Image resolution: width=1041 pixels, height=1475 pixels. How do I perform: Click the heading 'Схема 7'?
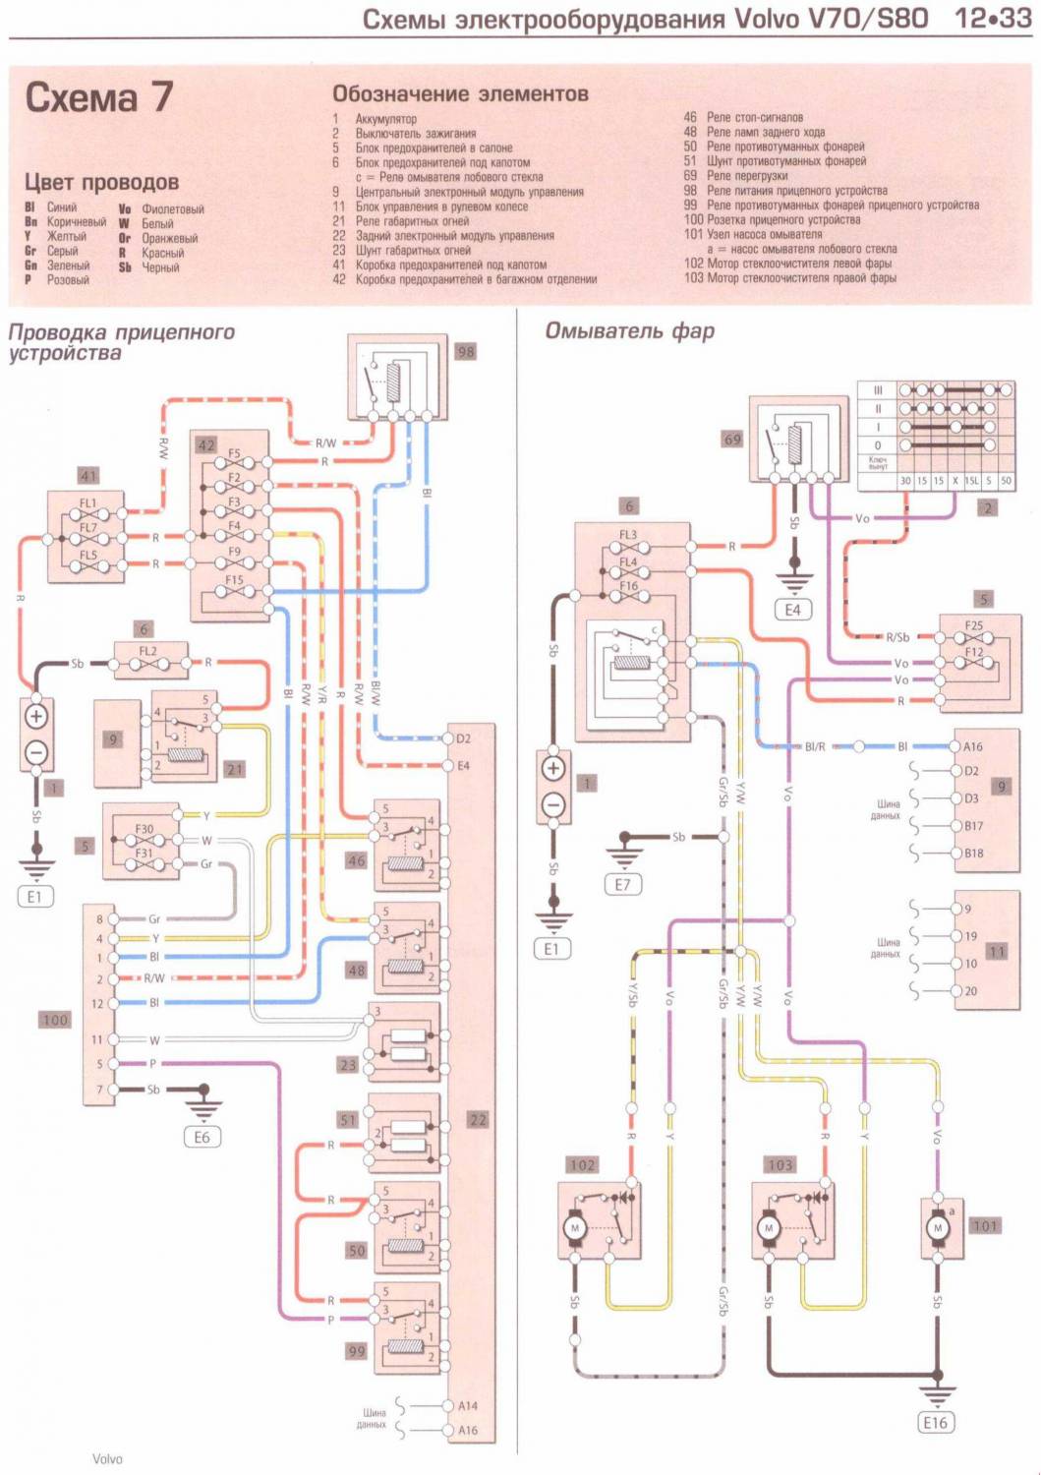pos(98,97)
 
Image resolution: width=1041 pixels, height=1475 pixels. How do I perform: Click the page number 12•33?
pos(993,19)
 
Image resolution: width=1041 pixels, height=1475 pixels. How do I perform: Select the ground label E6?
pos(202,1137)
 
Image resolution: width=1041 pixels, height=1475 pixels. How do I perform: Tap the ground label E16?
pos(935,1422)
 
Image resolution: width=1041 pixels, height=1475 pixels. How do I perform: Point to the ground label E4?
pos(792,610)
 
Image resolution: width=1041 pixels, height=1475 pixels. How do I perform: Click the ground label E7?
pos(622,884)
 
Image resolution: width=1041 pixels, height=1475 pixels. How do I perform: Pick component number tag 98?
pos(465,351)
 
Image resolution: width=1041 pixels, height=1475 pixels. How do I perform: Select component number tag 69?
pos(732,440)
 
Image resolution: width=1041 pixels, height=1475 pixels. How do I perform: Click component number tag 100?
pos(55,1020)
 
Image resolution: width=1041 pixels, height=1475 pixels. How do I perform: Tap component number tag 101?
pos(984,1225)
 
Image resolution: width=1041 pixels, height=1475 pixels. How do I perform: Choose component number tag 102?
pos(582,1165)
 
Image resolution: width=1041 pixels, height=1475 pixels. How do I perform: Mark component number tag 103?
pos(780,1165)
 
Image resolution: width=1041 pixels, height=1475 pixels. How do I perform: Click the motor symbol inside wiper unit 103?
pos(769,1228)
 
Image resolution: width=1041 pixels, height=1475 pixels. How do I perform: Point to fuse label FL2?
pos(147,651)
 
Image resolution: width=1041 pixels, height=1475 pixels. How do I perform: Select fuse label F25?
pos(973,625)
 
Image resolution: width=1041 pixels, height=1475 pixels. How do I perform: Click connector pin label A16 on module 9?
pos(973,746)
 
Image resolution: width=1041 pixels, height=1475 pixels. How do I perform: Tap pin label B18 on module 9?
pos(973,854)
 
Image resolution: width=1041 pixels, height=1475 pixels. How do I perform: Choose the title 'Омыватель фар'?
pos(629,331)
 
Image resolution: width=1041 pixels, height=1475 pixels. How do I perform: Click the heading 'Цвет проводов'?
pos(101,182)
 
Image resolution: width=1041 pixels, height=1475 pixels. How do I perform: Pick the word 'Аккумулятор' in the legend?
pos(385,119)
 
